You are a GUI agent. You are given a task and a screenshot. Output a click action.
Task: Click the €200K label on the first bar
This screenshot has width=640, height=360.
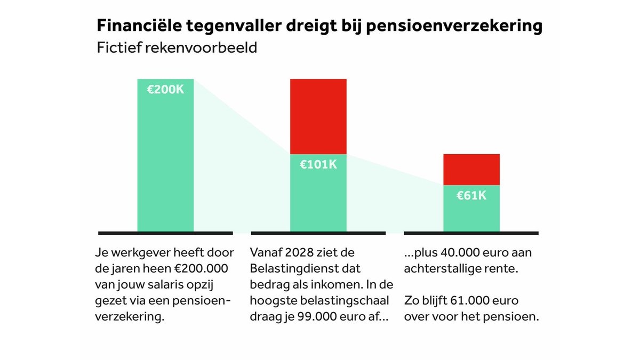165,90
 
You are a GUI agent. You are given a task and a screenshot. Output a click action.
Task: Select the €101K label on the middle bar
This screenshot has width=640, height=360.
318,165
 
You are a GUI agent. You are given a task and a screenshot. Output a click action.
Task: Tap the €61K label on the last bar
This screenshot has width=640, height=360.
471,196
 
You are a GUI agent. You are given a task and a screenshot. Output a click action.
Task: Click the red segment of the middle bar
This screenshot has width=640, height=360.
318,116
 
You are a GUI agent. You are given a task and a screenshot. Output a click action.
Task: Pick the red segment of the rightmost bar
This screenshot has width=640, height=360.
471,169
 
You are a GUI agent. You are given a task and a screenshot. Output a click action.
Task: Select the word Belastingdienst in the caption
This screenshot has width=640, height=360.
296,268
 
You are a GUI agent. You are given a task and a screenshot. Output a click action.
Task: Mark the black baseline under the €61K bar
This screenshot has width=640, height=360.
471,233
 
